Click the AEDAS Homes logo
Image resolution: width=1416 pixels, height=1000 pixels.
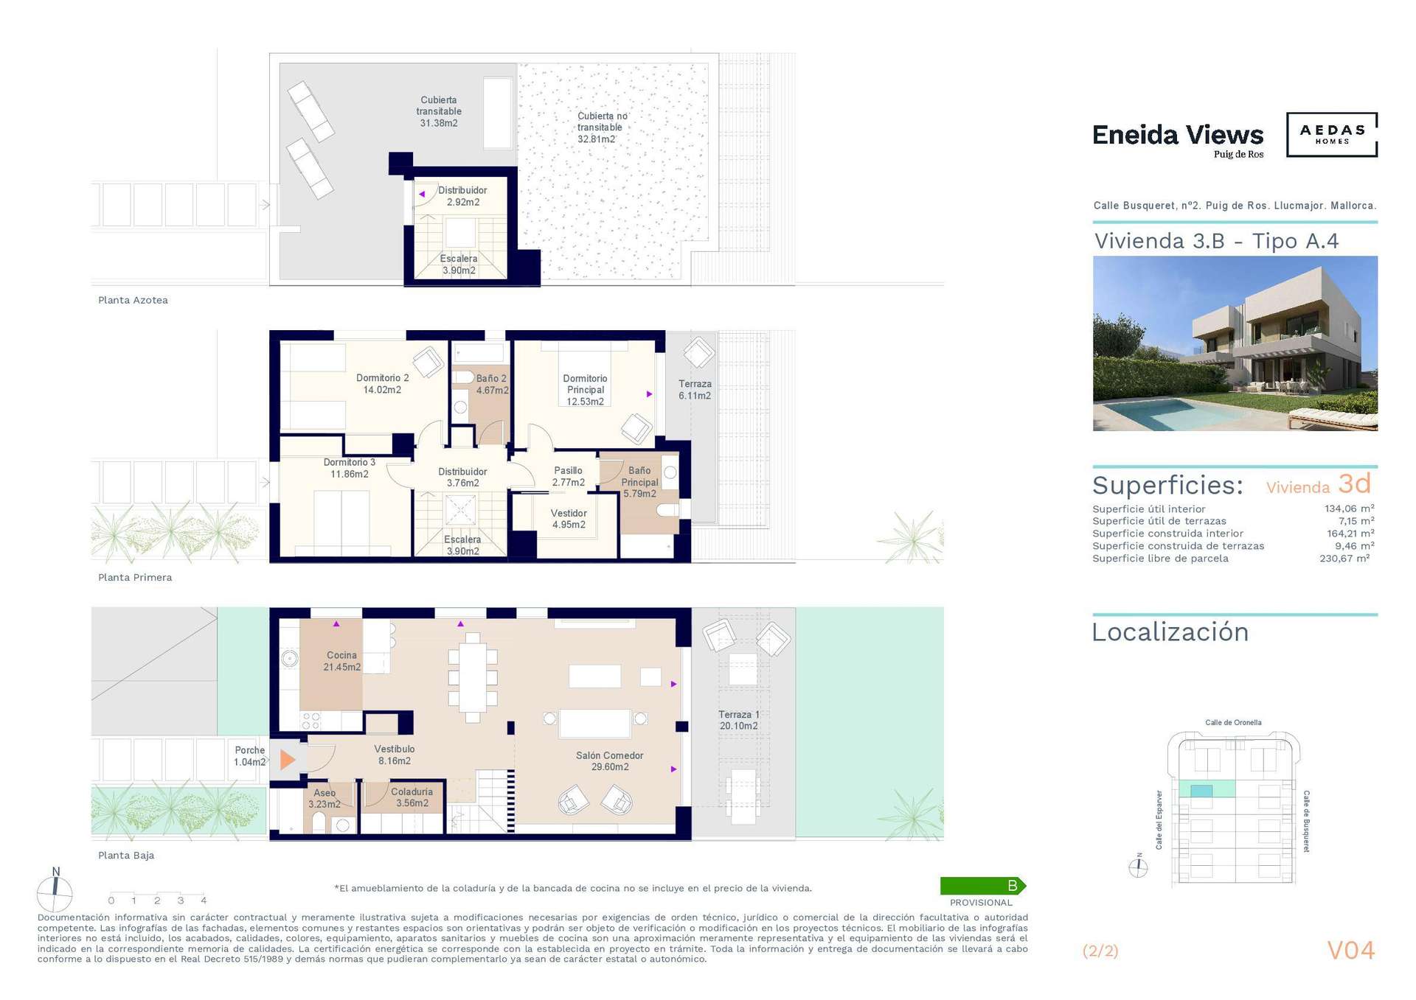1332,134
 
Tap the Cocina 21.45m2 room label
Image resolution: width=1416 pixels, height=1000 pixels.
341,661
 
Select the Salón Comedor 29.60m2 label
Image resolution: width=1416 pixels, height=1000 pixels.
609,761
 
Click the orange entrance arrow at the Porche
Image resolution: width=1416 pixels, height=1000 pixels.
287,759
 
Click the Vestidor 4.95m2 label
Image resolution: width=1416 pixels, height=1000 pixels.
569,519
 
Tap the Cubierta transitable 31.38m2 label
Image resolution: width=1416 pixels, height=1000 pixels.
439,111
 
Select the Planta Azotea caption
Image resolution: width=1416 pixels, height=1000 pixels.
133,300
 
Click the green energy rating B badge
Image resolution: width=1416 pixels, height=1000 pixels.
983,886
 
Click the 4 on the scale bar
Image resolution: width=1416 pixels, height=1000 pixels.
204,901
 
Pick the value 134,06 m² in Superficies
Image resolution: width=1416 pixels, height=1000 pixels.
1349,508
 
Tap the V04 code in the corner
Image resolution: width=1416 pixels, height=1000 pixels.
1351,951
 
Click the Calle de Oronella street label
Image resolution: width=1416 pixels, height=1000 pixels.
1233,722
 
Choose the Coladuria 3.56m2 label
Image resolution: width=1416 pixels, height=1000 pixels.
412,797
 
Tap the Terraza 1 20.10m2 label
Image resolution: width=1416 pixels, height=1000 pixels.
738,720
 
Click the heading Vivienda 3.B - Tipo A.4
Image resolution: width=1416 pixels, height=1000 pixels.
1216,241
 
